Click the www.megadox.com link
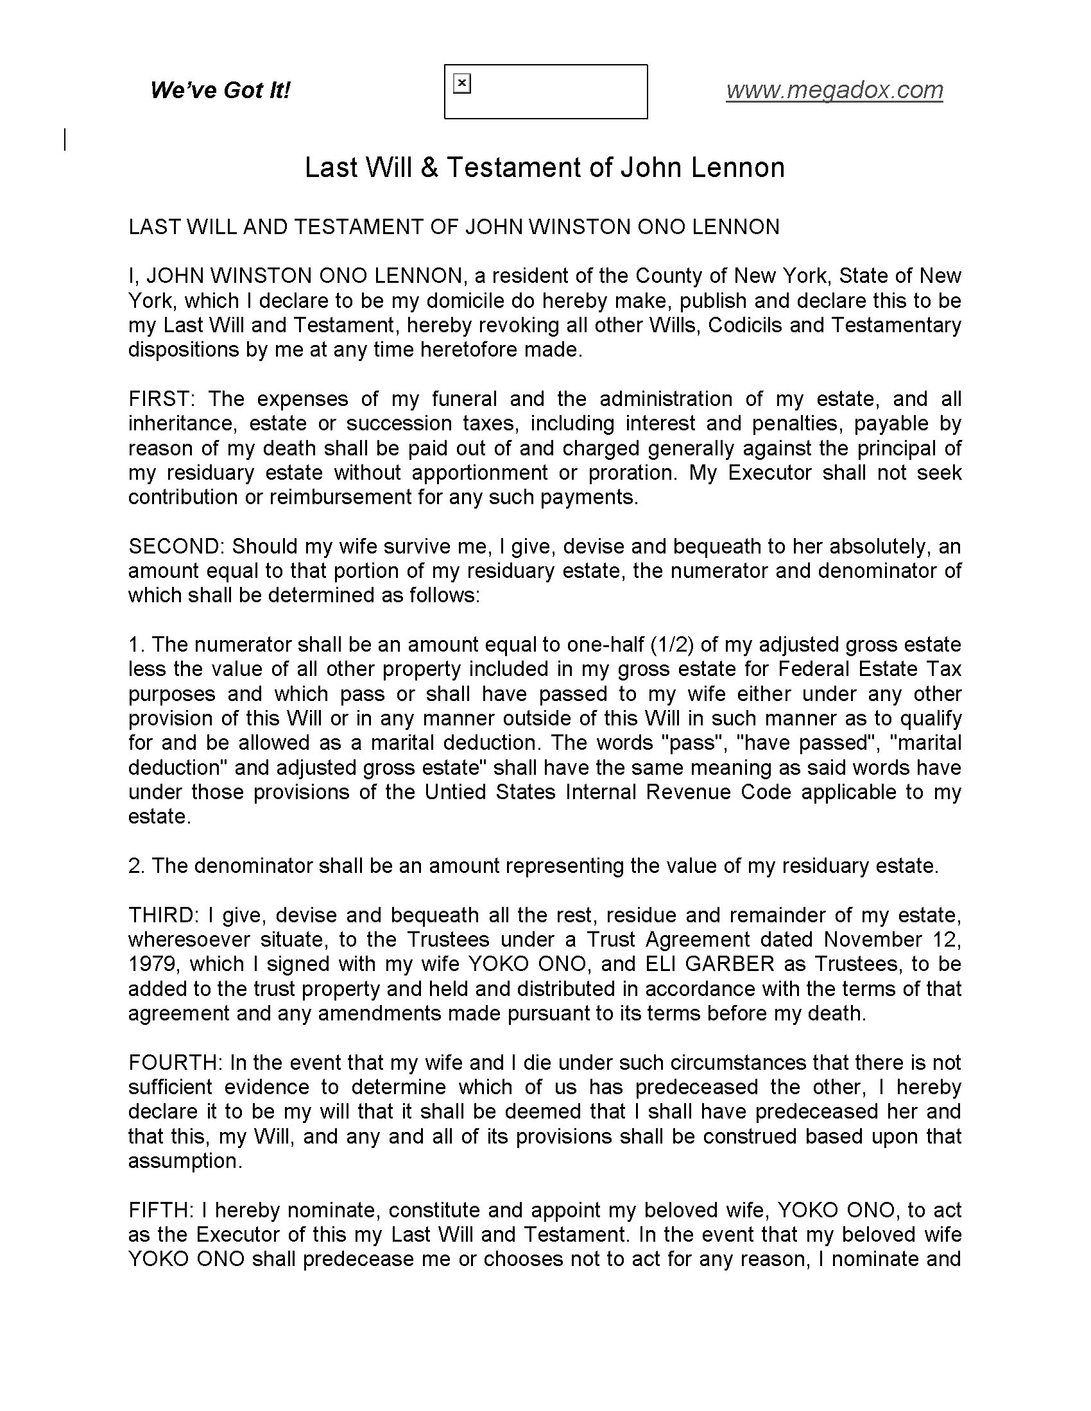[x=834, y=90]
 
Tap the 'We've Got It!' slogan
[x=219, y=90]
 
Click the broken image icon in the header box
[x=462, y=84]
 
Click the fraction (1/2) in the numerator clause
[x=668, y=645]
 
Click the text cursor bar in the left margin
[x=65, y=140]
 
